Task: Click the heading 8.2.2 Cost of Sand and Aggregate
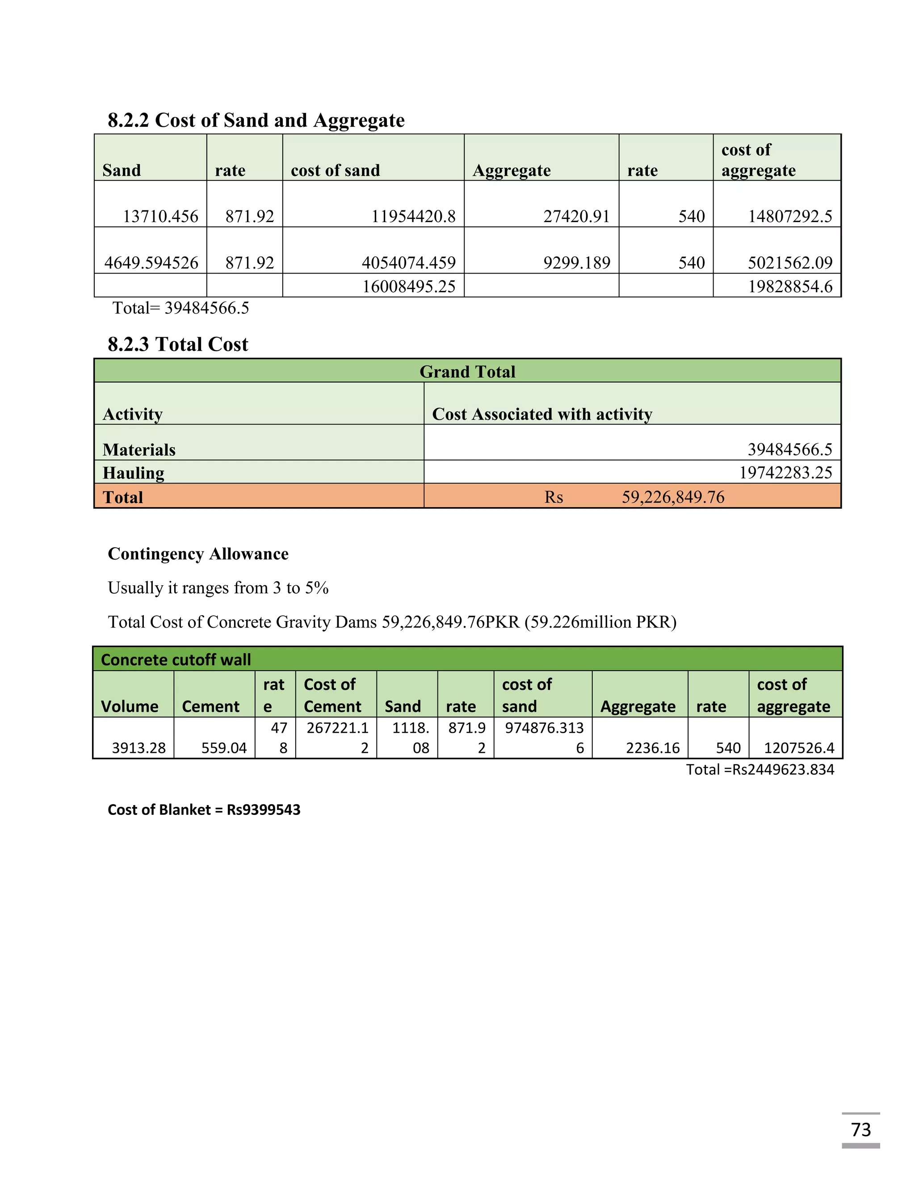256,120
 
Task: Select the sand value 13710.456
160,216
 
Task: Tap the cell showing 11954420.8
413,216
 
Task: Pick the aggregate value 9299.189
576,263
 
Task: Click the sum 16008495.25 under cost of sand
408,286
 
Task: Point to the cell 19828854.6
790,286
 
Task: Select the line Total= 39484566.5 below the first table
180,308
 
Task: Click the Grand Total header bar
467,372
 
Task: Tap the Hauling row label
133,473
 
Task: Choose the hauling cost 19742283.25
785,473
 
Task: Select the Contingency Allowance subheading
198,554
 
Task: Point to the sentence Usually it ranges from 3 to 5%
218,588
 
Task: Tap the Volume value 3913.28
139,748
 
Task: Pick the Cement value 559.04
224,748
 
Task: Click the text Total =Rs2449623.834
760,770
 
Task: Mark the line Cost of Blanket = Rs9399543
204,810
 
